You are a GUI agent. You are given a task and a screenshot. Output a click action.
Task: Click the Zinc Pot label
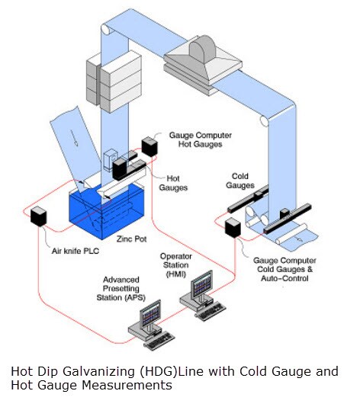[131, 239]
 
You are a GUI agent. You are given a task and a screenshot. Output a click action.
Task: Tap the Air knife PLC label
[76, 251]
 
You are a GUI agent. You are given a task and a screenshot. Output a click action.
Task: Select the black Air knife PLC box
[38, 216]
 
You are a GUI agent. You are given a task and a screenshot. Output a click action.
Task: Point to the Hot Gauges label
[173, 183]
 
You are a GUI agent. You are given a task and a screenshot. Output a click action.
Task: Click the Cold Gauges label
[240, 181]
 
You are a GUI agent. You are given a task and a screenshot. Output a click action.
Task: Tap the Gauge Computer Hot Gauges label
[201, 139]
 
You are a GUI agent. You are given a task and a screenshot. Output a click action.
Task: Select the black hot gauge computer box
[149, 146]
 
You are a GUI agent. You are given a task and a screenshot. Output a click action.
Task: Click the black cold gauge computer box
[233, 228]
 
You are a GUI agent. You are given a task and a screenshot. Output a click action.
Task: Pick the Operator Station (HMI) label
[176, 265]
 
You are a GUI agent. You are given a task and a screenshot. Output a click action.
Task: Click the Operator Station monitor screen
[202, 285]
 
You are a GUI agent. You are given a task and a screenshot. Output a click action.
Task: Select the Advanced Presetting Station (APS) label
[121, 288]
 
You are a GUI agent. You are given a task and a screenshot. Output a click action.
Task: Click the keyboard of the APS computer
[159, 341]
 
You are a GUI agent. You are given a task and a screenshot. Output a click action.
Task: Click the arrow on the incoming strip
[74, 137]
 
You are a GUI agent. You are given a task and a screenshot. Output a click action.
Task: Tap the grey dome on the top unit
[202, 50]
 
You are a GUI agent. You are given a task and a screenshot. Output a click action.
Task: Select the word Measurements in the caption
[127, 385]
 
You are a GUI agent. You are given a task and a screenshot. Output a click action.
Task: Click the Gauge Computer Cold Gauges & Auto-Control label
[284, 269]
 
